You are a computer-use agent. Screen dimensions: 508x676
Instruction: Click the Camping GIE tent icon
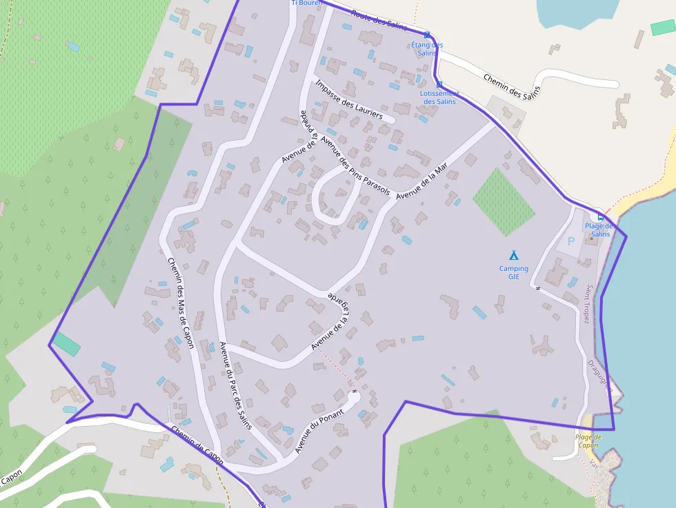(x=513, y=255)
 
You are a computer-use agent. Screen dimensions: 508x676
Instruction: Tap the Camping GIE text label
(x=514, y=273)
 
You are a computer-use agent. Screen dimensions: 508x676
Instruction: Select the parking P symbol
(x=570, y=242)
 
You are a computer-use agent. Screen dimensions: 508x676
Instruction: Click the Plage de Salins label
(x=599, y=230)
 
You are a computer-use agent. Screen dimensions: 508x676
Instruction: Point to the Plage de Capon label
(x=588, y=441)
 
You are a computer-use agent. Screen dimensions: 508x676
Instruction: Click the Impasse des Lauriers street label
(x=349, y=100)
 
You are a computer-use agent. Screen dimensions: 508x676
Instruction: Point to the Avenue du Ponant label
(x=319, y=428)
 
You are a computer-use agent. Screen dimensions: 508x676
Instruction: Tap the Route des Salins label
(x=379, y=19)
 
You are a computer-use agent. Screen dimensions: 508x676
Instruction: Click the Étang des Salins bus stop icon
(x=427, y=35)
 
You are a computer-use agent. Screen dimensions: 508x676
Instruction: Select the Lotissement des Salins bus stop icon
(x=439, y=85)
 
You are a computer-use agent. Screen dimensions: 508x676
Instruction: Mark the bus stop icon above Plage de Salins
(x=600, y=217)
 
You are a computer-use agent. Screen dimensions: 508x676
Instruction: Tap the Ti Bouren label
(x=307, y=3)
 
